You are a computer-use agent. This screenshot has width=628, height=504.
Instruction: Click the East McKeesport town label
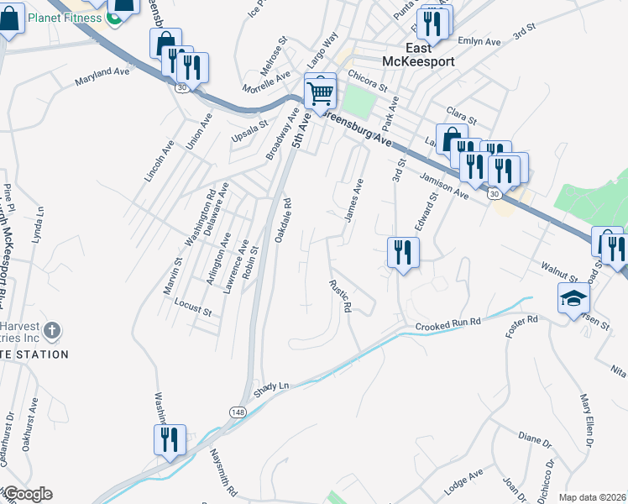[406, 54]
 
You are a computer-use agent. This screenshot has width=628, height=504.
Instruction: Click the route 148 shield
[237, 412]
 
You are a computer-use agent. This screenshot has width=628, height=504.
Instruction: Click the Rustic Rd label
[339, 297]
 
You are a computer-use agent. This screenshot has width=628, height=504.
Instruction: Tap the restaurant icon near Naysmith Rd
[170, 440]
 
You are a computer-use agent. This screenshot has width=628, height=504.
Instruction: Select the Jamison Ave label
[444, 186]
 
